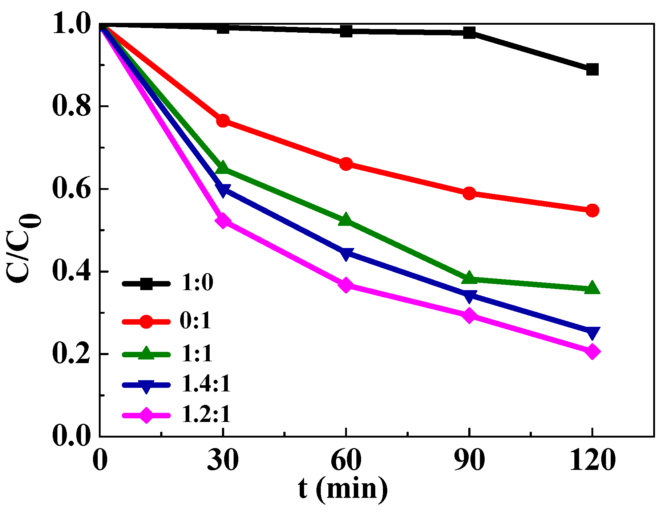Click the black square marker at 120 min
(x=592, y=69)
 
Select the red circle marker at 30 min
(x=223, y=121)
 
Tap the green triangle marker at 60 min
(x=345, y=220)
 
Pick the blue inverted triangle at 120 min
(x=592, y=332)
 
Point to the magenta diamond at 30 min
(x=223, y=221)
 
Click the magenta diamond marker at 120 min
(x=592, y=352)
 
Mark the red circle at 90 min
(x=469, y=193)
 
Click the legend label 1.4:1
(x=206, y=384)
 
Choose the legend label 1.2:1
(x=206, y=414)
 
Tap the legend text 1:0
(x=197, y=283)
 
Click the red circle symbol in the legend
(x=146, y=322)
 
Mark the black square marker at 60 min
(x=346, y=31)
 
